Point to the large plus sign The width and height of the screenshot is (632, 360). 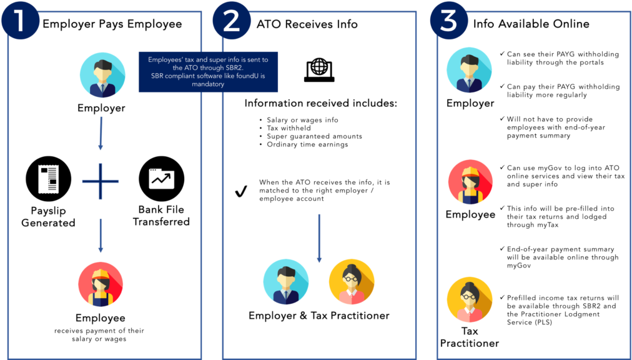[101, 181]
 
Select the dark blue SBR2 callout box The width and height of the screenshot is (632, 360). [209, 71]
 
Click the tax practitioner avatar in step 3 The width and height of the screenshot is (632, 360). [470, 299]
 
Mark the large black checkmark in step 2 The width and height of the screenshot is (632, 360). [242, 192]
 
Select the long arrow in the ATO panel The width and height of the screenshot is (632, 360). [319, 238]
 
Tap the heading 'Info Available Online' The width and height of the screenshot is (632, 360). [531, 24]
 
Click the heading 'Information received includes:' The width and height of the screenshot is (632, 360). [321, 103]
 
